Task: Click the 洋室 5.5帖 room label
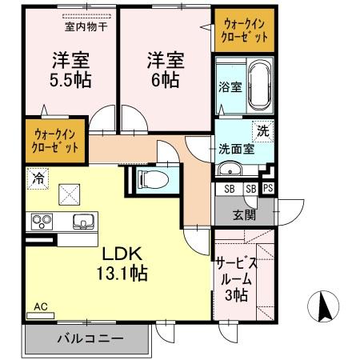click(x=70, y=70)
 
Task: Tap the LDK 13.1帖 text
click(x=122, y=262)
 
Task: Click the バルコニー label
click(x=90, y=339)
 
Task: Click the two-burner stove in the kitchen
click(x=41, y=221)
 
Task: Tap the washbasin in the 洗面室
click(x=230, y=170)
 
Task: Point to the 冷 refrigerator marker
click(x=37, y=178)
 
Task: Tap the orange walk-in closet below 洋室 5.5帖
click(x=54, y=142)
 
